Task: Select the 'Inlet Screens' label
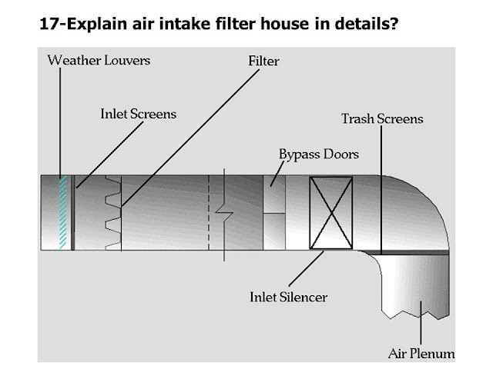click(139, 114)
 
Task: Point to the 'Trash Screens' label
click(382, 119)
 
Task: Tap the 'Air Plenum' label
click(421, 354)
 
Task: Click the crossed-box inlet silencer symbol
click(330, 213)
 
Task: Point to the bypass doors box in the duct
click(273, 195)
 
